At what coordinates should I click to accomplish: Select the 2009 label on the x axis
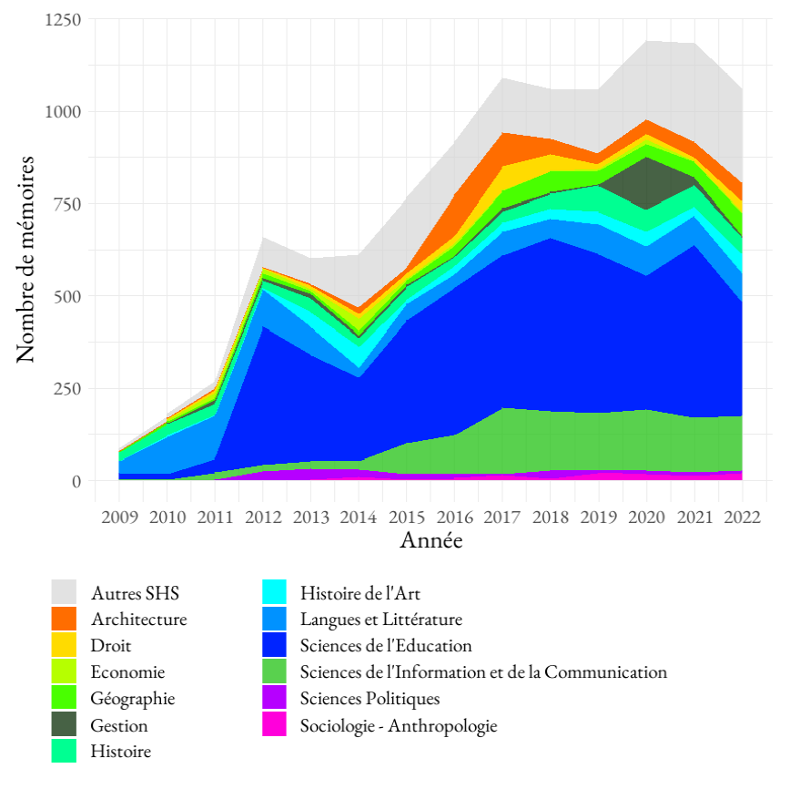pyautogui.click(x=119, y=518)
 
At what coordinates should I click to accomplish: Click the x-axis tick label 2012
pyautogui.click(x=262, y=518)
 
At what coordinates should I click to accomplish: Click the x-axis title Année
pyautogui.click(x=430, y=541)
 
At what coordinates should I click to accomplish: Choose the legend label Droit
pyautogui.click(x=111, y=646)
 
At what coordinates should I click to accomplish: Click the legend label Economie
pyautogui.click(x=127, y=672)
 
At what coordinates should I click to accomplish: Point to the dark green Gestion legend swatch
pyautogui.click(x=65, y=725)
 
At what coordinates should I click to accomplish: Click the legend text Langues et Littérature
pyautogui.click(x=380, y=620)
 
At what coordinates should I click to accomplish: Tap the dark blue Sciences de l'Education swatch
pyautogui.click(x=274, y=646)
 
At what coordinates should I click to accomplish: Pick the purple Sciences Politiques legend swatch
pyautogui.click(x=274, y=699)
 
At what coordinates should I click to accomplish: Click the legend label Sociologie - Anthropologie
pyautogui.click(x=399, y=725)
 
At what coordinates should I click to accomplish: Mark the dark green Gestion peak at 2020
pyautogui.click(x=646, y=182)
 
